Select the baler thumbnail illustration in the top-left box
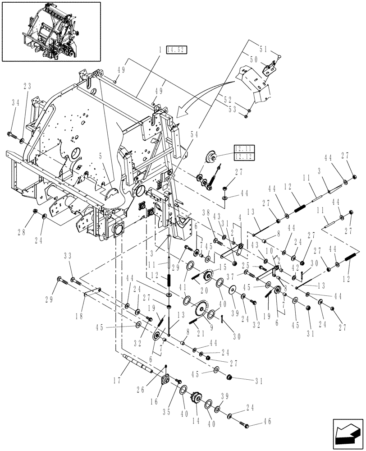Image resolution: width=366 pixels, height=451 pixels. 50,31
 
